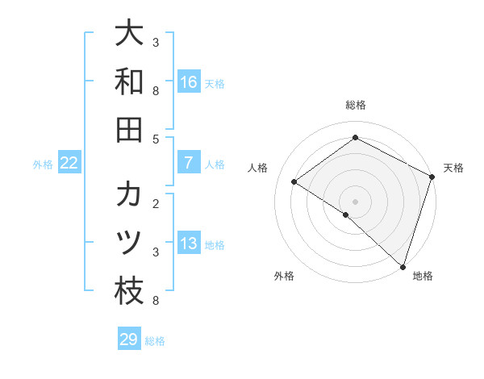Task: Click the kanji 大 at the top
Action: tap(129, 33)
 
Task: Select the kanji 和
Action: tap(129, 81)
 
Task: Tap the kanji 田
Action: tap(129, 130)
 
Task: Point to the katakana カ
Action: tap(129, 194)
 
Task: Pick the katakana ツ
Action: tap(129, 243)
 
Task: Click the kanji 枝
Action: tap(129, 291)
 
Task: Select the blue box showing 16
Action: tap(188, 82)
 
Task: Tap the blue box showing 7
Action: tap(188, 163)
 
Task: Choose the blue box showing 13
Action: tap(188, 244)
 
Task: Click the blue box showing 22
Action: tap(69, 163)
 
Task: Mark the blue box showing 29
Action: tap(129, 339)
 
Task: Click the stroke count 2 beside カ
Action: tap(156, 203)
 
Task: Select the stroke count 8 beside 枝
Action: tap(156, 301)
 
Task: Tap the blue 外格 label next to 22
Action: tap(43, 165)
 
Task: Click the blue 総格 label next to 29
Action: tap(155, 341)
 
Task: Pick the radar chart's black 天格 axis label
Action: tap(453, 168)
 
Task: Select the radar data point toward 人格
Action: tap(294, 181)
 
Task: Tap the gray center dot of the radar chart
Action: tap(355, 201)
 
